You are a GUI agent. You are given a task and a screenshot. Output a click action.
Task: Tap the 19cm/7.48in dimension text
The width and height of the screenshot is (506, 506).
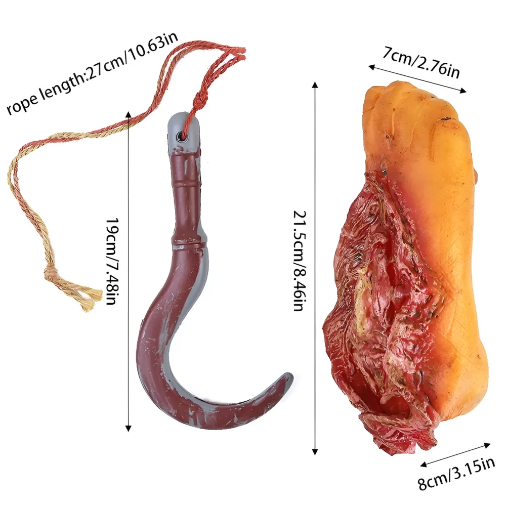pyautogui.click(x=113, y=262)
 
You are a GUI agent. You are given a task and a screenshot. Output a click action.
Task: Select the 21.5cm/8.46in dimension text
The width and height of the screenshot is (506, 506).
pyautogui.click(x=299, y=261)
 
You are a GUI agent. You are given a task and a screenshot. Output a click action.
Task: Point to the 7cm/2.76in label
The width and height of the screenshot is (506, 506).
pyautogui.click(x=421, y=62)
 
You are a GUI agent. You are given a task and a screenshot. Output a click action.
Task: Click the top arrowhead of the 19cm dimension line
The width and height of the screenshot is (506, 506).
pyautogui.click(x=129, y=114)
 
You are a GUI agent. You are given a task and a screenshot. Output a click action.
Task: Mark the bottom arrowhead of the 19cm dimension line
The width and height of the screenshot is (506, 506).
pyautogui.click(x=129, y=428)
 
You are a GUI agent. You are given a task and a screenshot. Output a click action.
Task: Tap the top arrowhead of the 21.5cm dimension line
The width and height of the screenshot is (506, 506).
pyautogui.click(x=315, y=85)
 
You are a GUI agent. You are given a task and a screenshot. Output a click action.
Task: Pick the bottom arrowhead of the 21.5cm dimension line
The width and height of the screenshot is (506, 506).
pyautogui.click(x=315, y=451)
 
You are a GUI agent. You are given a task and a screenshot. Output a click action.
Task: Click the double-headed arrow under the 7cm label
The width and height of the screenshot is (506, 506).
pyautogui.click(x=417, y=79)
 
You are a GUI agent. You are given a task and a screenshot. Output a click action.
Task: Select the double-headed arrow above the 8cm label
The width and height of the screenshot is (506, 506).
pyautogui.click(x=455, y=455)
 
